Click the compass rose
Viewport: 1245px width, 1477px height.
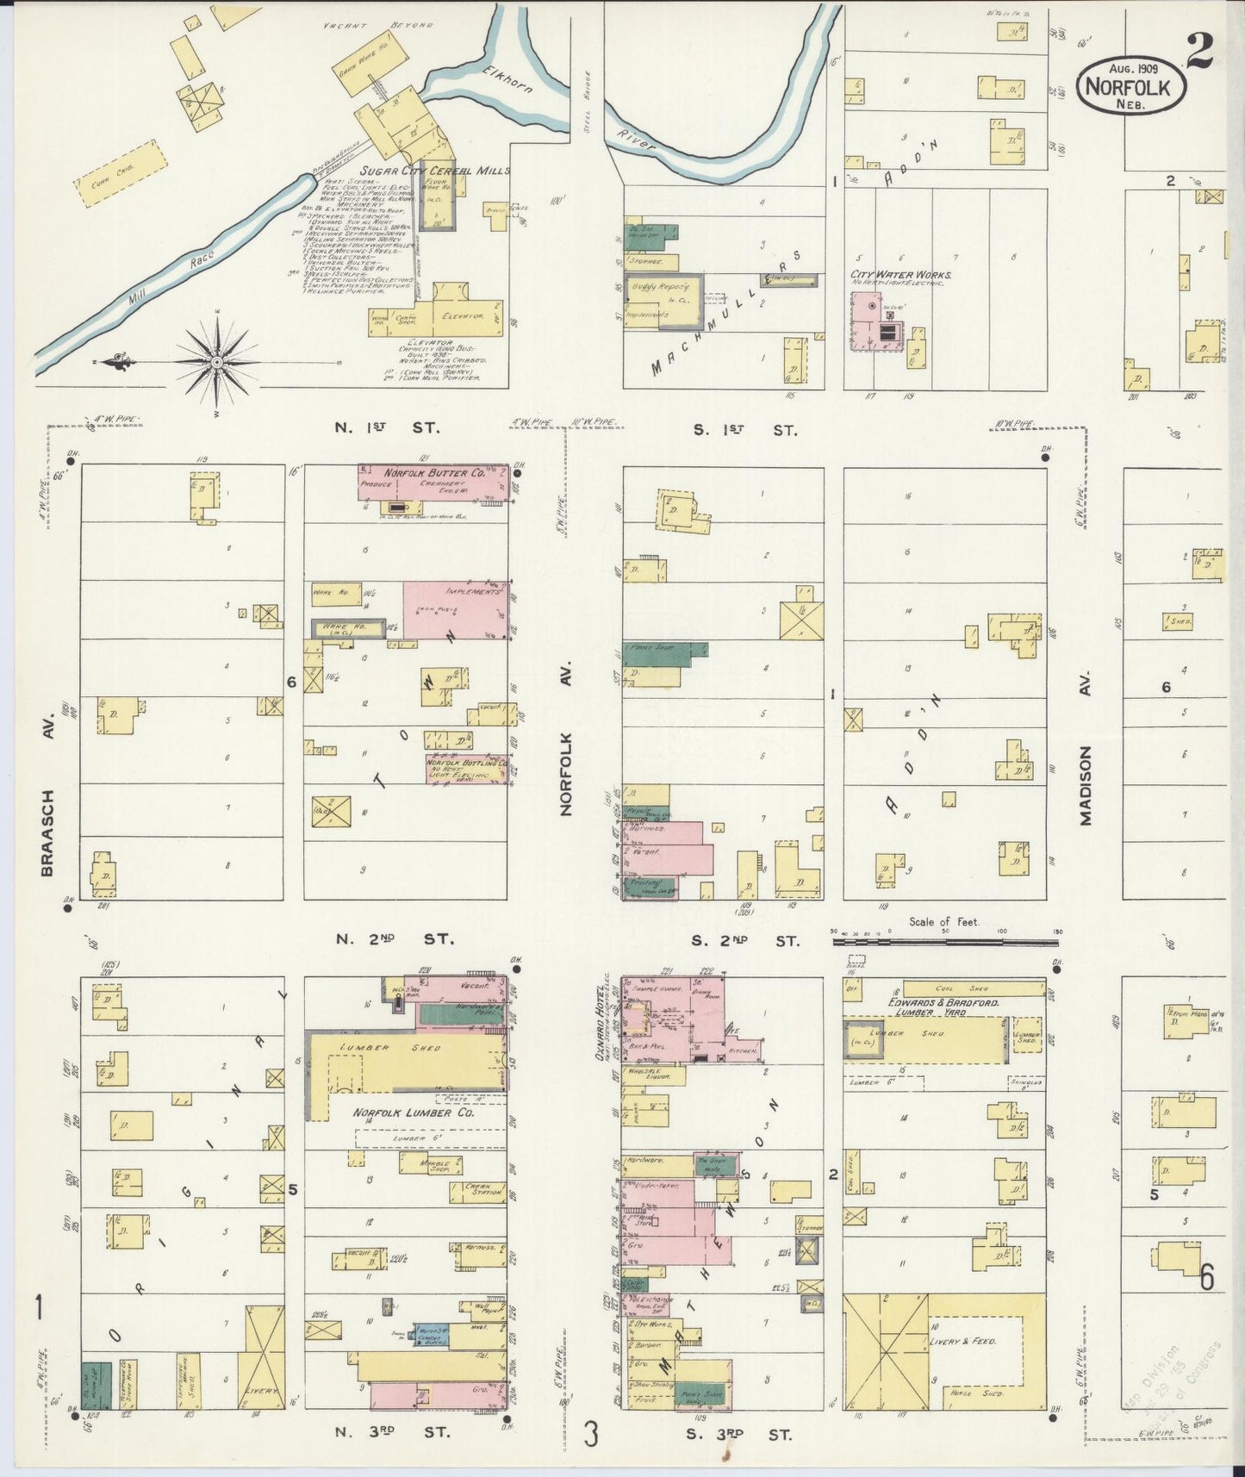point(216,362)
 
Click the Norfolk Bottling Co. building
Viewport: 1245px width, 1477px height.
point(464,769)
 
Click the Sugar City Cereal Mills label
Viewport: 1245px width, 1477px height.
point(434,171)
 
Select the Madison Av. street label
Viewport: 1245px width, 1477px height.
point(1086,785)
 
